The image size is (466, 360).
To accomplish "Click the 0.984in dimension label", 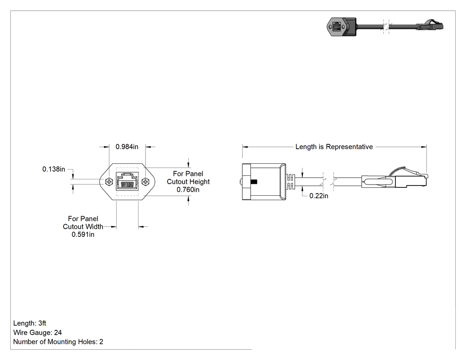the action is point(127,146).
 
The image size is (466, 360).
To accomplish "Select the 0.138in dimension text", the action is point(54,169).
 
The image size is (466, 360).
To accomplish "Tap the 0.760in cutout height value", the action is point(188,190).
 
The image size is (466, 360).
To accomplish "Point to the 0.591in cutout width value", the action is point(83,234).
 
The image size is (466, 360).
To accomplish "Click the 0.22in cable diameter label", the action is point(319,196).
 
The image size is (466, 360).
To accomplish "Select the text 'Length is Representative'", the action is point(334,147).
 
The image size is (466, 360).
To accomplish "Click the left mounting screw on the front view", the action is point(109,182).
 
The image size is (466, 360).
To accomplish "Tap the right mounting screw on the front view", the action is point(145,182).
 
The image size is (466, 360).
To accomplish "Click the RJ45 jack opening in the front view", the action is point(127,181).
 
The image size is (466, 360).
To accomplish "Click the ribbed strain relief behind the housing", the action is point(290,182).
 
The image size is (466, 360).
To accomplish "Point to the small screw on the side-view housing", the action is point(253,182).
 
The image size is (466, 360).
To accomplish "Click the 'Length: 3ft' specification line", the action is point(30,323).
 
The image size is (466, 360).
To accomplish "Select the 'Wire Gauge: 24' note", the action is point(37,332).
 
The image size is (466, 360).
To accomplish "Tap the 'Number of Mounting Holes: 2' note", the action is point(58,342).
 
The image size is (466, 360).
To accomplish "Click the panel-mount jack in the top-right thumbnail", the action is point(341,27).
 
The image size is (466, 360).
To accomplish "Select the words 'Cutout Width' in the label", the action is point(83,226).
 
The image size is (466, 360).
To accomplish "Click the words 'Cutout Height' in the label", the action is point(188,182).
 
